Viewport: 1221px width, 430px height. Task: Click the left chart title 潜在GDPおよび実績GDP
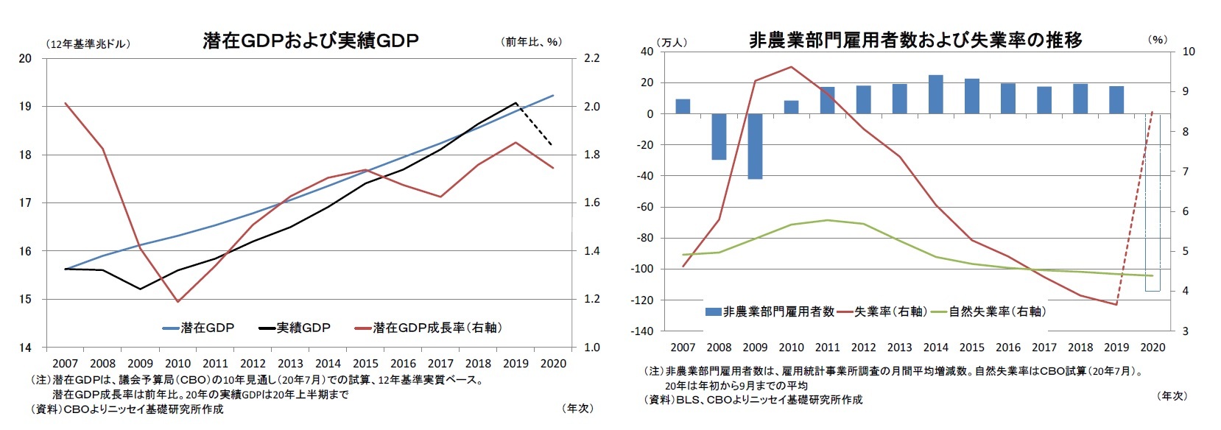point(310,40)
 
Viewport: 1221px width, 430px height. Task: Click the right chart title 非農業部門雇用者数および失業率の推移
point(915,40)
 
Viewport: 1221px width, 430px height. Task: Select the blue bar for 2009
point(755,146)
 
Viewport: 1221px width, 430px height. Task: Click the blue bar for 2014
point(935,94)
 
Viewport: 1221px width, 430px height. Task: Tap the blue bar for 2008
point(719,136)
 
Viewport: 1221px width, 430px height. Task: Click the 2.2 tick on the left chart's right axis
point(591,58)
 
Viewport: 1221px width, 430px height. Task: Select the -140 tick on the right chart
point(641,331)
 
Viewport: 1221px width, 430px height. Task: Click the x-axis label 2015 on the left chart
point(365,364)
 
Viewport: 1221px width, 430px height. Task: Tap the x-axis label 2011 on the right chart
point(827,348)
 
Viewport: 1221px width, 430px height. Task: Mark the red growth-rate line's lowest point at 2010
point(177,301)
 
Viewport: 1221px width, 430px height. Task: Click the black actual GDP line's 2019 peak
point(516,103)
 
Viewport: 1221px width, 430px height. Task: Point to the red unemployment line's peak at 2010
point(791,67)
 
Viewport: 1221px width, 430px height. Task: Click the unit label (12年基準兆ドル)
point(88,44)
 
